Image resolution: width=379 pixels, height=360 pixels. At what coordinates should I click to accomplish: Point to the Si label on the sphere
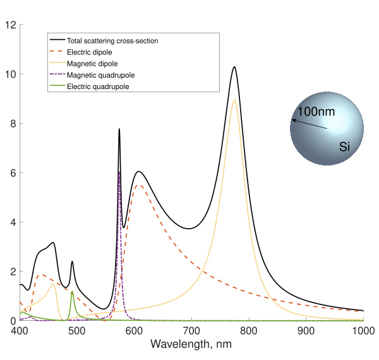coord(345,147)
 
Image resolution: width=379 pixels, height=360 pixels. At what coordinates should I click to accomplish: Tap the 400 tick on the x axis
coord(20,330)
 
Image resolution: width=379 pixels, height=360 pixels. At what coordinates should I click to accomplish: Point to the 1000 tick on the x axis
coord(362,330)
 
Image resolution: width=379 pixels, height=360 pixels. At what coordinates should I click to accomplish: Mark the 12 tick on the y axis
coord(10,25)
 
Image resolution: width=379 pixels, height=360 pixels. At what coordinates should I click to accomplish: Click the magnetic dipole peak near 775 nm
coord(235,100)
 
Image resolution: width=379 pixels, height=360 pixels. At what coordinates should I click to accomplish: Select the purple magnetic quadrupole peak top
coord(119,172)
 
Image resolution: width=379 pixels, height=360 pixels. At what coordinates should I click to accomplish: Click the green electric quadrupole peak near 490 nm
coord(72,292)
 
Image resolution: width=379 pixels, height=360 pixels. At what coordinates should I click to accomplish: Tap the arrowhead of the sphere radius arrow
coord(293,120)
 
